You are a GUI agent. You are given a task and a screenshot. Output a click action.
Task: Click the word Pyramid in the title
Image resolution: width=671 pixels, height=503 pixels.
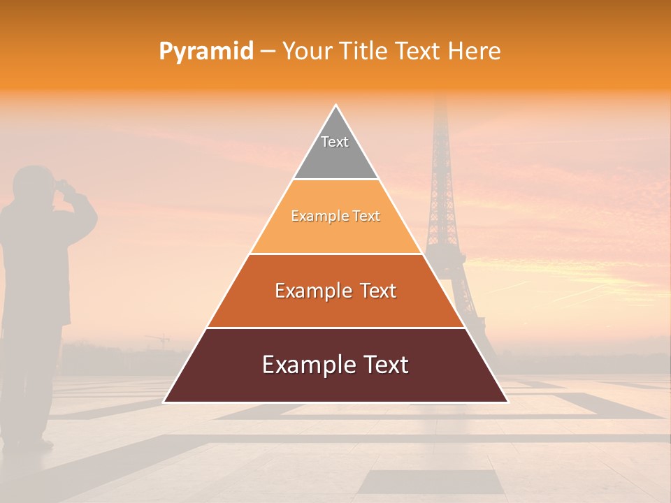tap(206, 52)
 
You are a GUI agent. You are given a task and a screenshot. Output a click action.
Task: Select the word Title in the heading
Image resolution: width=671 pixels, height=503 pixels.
tap(363, 52)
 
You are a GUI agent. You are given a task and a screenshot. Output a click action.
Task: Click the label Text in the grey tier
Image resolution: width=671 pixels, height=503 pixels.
tap(335, 142)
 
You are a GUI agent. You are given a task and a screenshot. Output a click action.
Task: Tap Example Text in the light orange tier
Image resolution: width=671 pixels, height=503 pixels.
tap(335, 217)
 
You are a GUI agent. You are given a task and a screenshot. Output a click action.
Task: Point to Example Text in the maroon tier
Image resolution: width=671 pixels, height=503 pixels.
tap(335, 365)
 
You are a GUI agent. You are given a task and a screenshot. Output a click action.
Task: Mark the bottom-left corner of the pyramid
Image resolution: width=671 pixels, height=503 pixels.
tap(164, 402)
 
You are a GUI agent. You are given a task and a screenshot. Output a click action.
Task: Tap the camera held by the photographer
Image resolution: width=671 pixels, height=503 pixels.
tap(63, 186)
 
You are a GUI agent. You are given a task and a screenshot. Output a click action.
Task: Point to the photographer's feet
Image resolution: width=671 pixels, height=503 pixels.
tap(28, 442)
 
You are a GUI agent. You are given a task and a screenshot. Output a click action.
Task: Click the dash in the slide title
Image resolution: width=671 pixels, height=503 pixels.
tap(268, 52)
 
